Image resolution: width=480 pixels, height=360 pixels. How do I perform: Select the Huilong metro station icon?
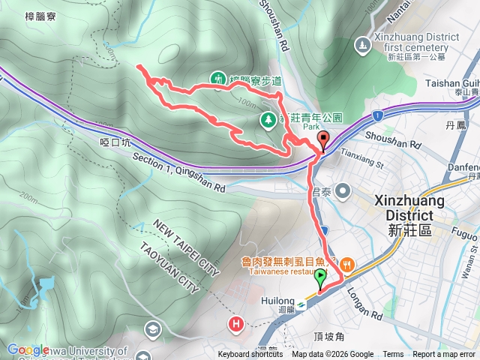(x=301, y=303)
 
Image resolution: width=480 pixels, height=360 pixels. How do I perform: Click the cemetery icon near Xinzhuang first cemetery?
(x=363, y=45)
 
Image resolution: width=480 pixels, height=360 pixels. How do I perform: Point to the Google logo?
(x=28, y=349)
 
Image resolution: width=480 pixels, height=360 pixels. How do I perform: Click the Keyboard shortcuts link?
(x=250, y=355)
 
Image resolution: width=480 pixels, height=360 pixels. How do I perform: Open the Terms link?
(x=393, y=355)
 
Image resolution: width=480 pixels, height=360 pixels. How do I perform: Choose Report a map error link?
(x=444, y=355)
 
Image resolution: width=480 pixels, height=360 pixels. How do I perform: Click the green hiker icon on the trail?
(x=218, y=77)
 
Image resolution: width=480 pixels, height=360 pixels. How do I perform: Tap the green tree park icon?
(x=268, y=119)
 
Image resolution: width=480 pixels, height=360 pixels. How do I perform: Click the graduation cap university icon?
(x=153, y=329)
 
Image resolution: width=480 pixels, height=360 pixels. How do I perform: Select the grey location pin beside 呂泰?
(x=343, y=191)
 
